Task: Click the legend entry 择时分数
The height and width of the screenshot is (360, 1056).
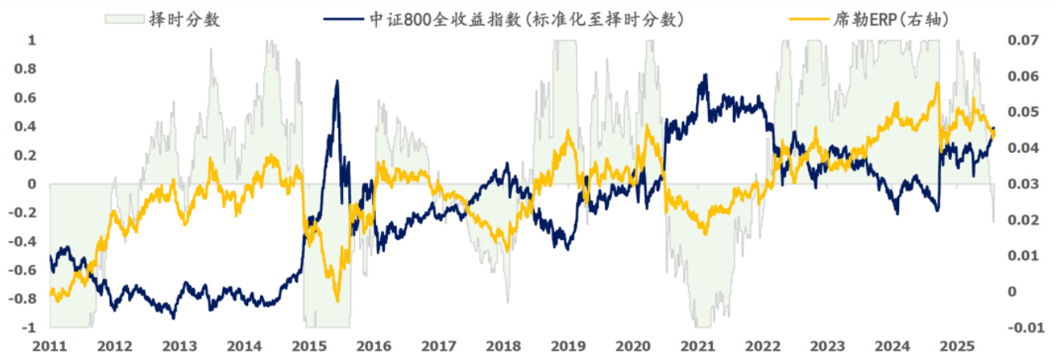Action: pyautogui.click(x=184, y=20)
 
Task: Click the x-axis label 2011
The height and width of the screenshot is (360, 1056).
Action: pyautogui.click(x=50, y=347)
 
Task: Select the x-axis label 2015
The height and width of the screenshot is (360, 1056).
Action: pyautogui.click(x=309, y=347)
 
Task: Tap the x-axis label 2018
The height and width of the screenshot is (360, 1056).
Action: pyautogui.click(x=503, y=347)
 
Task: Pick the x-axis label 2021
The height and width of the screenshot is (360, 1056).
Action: pyautogui.click(x=698, y=347)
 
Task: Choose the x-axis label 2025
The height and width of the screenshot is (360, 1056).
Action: pyautogui.click(x=957, y=347)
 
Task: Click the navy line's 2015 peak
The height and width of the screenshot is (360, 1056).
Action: pyautogui.click(x=337, y=81)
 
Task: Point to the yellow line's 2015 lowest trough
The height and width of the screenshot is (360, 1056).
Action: pyautogui.click(x=337, y=302)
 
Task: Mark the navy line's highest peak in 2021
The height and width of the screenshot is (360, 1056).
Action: pyautogui.click(x=705, y=75)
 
